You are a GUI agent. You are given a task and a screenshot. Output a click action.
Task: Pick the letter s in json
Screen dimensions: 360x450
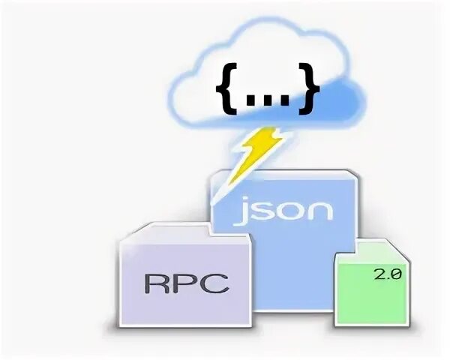point(268,209)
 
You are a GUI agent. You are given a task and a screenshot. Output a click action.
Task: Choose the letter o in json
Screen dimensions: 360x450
point(293,209)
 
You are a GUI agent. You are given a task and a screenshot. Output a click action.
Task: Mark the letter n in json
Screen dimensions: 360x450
point(319,209)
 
